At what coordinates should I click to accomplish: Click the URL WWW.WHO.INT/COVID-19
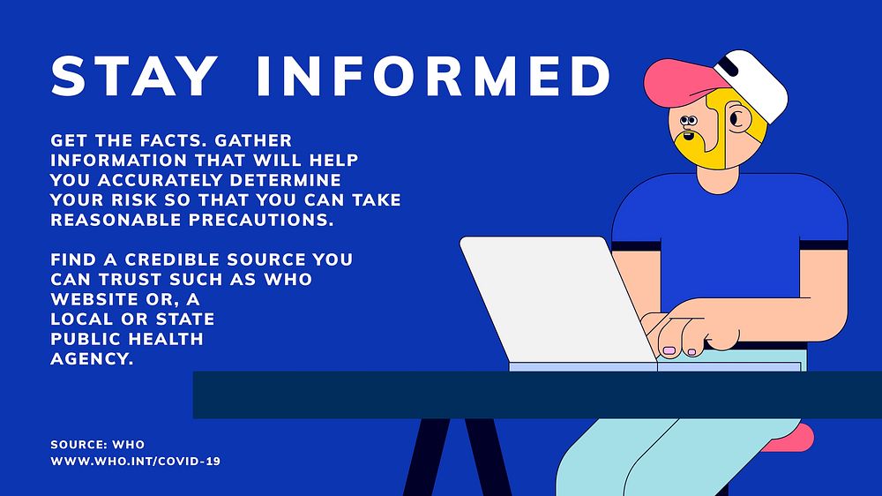click(135, 461)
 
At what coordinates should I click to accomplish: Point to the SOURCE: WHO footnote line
click(98, 444)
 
